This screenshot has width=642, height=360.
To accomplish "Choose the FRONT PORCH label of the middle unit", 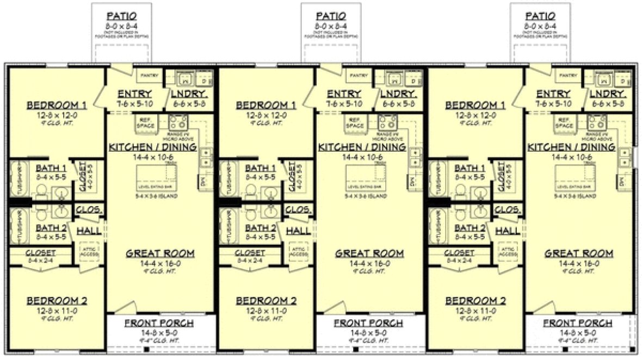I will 368,323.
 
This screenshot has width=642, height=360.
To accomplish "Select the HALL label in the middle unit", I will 298,231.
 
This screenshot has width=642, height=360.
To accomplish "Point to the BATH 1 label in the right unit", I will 470,168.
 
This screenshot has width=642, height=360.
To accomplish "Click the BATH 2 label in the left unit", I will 51,228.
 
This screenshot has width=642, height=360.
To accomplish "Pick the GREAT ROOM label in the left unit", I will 160,253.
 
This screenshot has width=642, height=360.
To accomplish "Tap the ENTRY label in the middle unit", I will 344,94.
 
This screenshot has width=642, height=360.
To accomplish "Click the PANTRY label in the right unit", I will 568,76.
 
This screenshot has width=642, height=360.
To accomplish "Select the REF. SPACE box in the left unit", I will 145,123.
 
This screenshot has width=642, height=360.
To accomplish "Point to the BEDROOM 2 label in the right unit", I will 476,301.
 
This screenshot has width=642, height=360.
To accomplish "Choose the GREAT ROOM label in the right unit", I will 579,253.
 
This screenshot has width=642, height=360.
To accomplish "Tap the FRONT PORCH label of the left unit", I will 159,323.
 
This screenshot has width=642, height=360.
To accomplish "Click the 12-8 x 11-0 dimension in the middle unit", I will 266,311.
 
